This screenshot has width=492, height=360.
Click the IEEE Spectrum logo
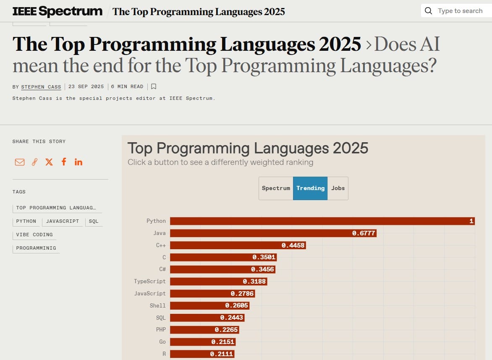pos(58,11)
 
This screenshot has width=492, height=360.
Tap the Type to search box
pos(460,11)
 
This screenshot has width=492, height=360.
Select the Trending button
pos(310,188)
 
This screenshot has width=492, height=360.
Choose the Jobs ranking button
pos(338,188)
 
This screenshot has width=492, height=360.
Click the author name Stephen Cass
pos(41,87)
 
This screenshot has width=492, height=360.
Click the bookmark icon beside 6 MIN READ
pos(154,86)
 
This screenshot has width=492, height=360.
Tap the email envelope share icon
pos(20,162)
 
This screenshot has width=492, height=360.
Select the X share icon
pos(49,162)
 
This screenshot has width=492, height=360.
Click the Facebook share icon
pos(64,162)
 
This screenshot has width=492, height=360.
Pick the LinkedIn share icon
pos(79,162)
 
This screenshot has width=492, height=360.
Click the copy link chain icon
pos(34,162)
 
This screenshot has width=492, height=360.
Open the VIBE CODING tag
pos(34,235)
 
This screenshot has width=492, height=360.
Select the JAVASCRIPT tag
pos(63,221)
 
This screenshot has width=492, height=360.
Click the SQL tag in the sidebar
pos(94,221)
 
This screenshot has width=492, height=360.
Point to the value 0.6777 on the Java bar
pos(364,233)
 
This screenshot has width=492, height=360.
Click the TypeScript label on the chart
pos(150,281)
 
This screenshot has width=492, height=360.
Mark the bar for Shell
pos(210,305)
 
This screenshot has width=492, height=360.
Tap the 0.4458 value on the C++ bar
pos(293,245)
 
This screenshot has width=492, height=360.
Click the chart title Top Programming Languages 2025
pos(248,148)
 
